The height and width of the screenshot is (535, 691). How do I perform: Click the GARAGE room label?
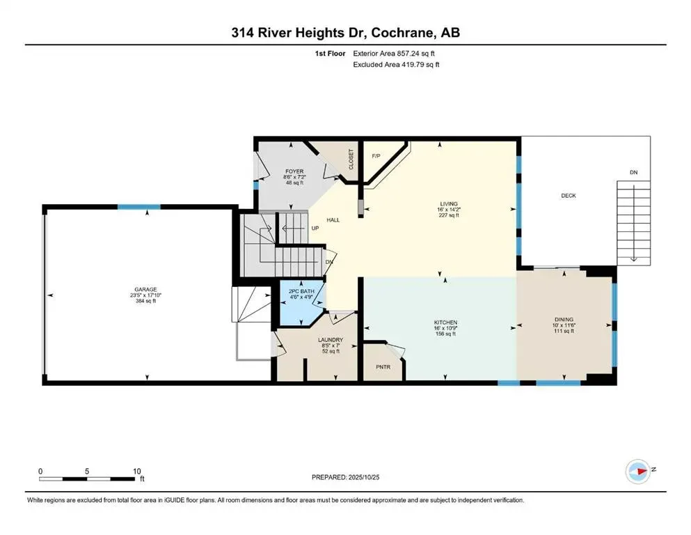coord(146,289)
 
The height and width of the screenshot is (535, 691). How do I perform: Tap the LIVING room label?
coord(444,203)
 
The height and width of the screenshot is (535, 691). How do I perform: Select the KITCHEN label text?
coord(445,323)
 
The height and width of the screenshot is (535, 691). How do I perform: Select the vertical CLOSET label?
coord(351,159)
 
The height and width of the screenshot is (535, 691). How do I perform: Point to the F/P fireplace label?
coord(376,155)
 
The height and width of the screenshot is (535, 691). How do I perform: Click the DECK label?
coord(569,196)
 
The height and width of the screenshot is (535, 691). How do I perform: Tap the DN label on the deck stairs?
coord(633,172)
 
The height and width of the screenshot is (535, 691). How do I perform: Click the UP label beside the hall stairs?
coord(315,227)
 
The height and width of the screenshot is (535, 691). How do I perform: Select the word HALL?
coord(333,219)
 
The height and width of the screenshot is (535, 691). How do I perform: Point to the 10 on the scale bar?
coord(137,471)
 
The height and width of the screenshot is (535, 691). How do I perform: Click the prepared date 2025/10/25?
coord(365,477)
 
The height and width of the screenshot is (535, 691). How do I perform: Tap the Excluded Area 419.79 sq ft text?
coord(395,64)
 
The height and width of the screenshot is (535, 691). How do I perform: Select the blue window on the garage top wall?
coord(138,206)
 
